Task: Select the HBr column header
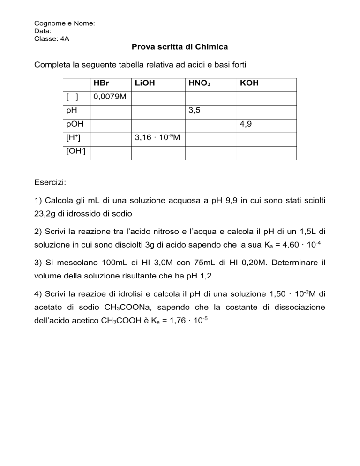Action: click(101, 84)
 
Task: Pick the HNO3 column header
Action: click(199, 84)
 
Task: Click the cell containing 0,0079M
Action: click(110, 98)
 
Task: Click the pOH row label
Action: click(74, 125)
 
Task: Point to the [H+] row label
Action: click(72, 139)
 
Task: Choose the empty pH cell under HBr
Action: click(110, 112)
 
